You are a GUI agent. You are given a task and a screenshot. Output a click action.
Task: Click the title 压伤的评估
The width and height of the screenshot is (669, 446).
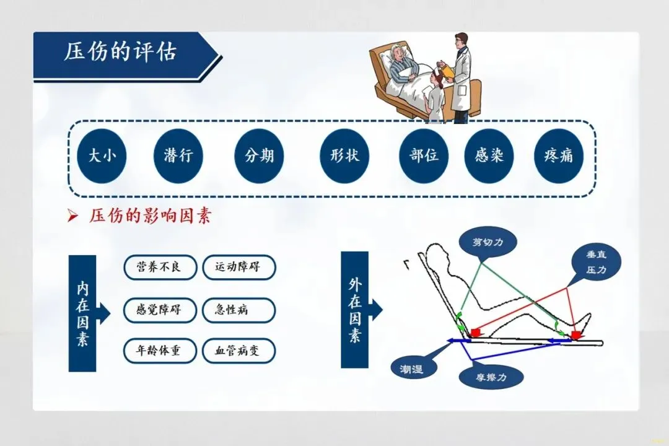pos(121,53)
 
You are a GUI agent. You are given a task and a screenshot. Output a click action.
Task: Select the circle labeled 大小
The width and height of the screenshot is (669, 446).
pos(102,155)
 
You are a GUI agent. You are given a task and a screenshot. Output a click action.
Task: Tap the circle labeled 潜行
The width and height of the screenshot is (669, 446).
pos(178,155)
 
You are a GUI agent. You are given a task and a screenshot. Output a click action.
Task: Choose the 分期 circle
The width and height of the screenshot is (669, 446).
pos(259,155)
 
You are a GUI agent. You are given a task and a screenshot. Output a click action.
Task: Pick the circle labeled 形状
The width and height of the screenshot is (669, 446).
pos(344,155)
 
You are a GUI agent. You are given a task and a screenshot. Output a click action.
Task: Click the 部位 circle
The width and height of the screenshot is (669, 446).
pos(424,155)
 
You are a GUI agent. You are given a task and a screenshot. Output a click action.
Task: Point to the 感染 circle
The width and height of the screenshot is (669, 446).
pos(489,155)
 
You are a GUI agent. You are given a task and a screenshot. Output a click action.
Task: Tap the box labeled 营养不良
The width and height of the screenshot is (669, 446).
pos(160,267)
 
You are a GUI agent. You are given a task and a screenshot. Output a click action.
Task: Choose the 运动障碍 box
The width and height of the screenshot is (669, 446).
pos(238,267)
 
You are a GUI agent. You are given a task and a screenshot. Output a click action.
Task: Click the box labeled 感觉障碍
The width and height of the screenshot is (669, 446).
pos(160,310)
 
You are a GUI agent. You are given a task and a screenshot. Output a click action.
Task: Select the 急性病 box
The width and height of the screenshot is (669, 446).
pos(238,310)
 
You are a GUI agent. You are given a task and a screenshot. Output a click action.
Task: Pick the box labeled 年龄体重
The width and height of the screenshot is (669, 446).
pos(160,351)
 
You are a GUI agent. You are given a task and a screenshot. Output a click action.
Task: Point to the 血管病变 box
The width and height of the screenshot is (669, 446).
pos(238,351)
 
